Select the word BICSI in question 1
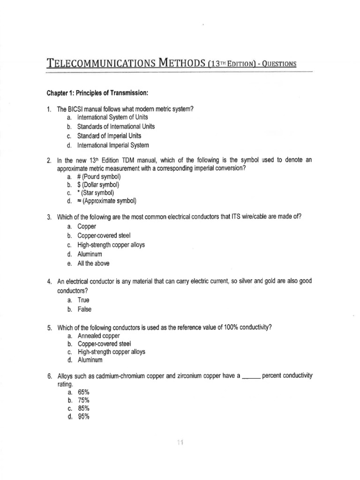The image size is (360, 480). (77, 109)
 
